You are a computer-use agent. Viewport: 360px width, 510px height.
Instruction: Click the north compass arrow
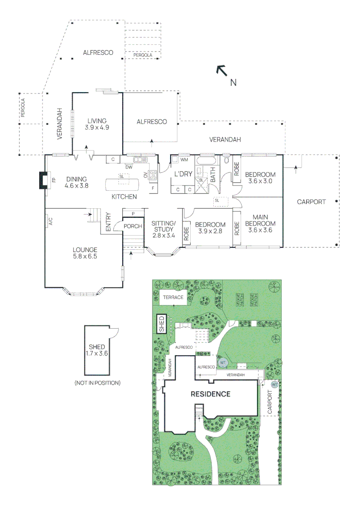point(221,70)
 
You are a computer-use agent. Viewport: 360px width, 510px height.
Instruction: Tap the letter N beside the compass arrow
point(233,83)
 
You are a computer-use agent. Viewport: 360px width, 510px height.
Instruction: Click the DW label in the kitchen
point(128,167)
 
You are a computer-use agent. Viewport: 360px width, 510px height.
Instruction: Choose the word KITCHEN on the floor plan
point(124,196)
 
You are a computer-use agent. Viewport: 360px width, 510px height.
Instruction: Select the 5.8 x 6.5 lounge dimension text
point(85,257)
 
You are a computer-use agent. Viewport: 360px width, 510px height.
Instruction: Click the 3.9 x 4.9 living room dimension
point(97,127)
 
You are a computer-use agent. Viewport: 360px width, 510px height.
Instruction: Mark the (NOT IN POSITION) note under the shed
point(97,382)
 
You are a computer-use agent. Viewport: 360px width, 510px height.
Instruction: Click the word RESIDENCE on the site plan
point(210,394)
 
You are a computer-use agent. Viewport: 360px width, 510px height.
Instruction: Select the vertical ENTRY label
point(108,221)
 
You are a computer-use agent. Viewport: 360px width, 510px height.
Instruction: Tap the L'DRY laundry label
point(183,174)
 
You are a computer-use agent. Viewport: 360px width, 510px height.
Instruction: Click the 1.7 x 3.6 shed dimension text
point(97,352)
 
